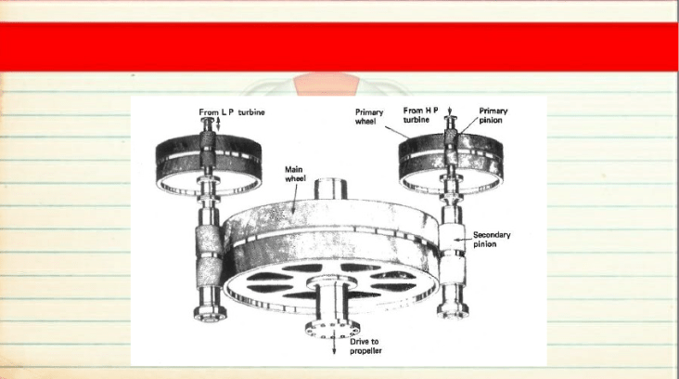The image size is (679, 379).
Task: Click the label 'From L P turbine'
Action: point(232,111)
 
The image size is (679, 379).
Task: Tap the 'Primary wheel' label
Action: point(369,117)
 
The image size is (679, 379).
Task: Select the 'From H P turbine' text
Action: point(420,115)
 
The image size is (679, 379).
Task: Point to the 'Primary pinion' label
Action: point(493,115)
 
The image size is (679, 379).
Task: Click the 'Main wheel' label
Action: point(295,174)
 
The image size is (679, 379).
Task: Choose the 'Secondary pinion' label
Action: point(492,240)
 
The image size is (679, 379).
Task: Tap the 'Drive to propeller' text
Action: point(365,346)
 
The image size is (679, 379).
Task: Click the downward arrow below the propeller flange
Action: point(333,345)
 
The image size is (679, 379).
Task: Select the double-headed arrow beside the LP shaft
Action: point(218,124)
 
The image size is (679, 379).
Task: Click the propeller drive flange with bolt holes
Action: point(332,328)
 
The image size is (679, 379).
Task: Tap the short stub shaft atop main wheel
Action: point(330,189)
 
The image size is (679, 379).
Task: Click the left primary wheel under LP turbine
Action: point(209,163)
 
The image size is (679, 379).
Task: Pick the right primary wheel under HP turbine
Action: point(451,162)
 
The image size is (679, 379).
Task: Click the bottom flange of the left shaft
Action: point(210,312)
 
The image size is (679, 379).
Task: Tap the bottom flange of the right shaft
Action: point(453,310)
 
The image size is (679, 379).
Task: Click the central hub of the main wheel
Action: point(332,281)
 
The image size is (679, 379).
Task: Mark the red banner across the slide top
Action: point(339,46)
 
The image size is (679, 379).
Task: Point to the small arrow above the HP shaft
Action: point(450,111)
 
